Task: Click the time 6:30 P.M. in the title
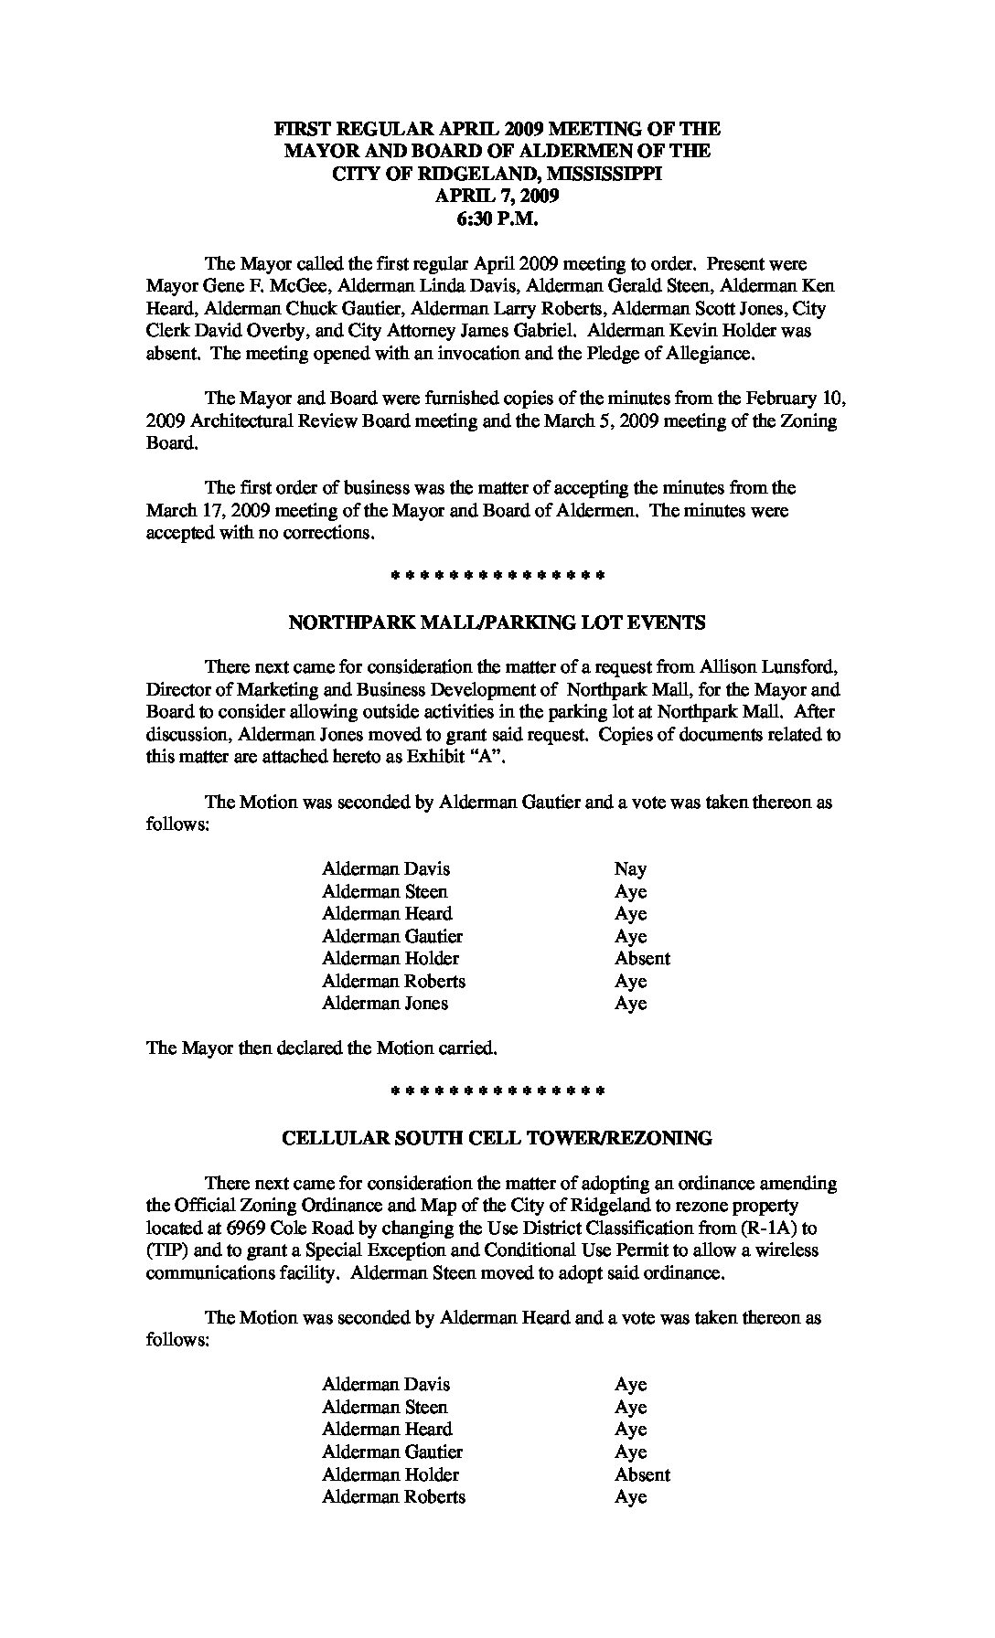click(x=497, y=218)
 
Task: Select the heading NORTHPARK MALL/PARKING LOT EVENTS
click(x=497, y=623)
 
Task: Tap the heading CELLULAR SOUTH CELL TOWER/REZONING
click(x=497, y=1139)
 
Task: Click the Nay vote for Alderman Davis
click(x=630, y=869)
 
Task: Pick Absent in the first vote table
click(x=642, y=959)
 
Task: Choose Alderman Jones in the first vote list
click(x=385, y=1004)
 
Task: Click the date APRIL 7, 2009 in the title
click(x=497, y=196)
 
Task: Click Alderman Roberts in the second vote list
click(x=393, y=1496)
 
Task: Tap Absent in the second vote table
click(x=642, y=1474)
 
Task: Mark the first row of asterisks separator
click(x=497, y=577)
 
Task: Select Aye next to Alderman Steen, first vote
click(x=630, y=892)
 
